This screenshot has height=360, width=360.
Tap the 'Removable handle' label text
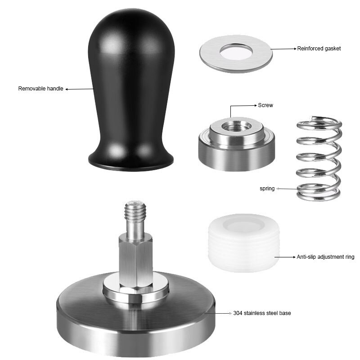[x=40, y=89]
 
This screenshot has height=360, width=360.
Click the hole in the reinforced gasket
[x=236, y=52]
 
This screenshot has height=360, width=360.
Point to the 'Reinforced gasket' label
[x=319, y=48]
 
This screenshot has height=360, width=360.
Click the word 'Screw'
[x=265, y=105]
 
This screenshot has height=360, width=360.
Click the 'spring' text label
[x=267, y=189]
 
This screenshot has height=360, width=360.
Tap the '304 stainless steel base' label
[x=261, y=313]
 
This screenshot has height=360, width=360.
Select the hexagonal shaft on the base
[x=135, y=261]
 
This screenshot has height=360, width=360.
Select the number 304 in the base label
[x=238, y=313]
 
